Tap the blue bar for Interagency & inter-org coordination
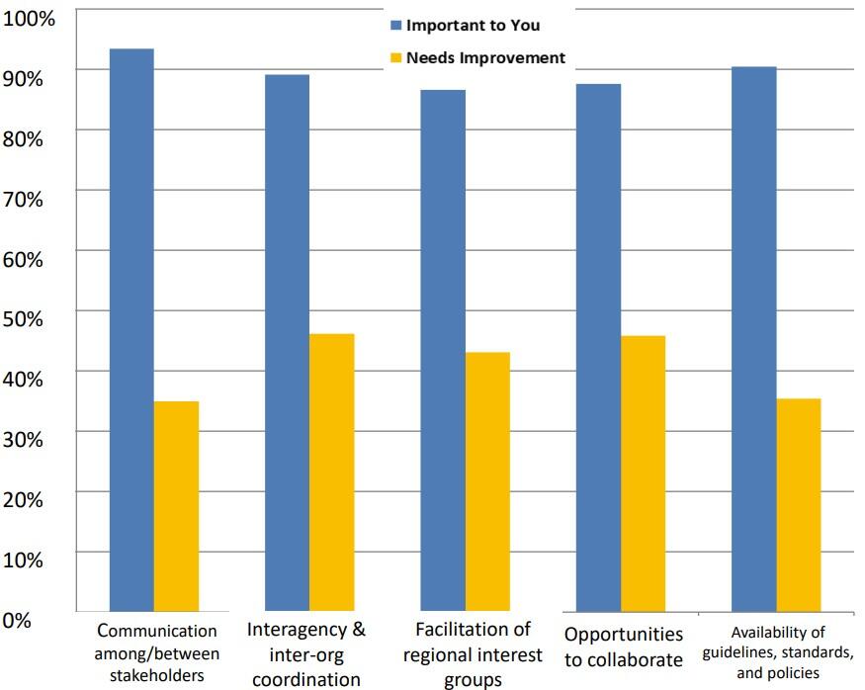point(287,342)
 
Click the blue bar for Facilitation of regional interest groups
point(442,350)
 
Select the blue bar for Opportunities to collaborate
point(598,347)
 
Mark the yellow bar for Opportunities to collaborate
point(644,474)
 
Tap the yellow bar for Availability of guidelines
point(799,504)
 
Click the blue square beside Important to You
point(395,26)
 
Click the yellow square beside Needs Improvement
point(395,57)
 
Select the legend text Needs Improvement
point(485,57)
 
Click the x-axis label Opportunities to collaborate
point(623,647)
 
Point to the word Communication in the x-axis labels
point(156,631)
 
